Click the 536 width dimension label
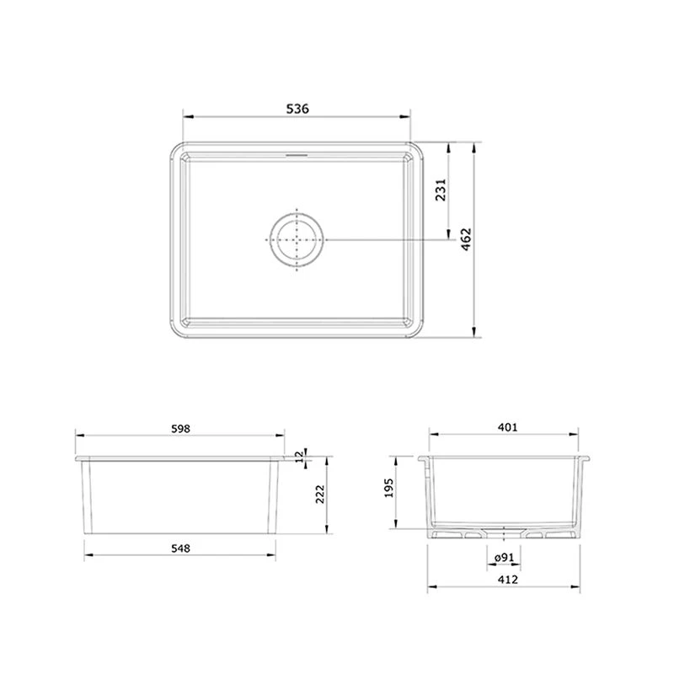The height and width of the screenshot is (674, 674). [x=297, y=109]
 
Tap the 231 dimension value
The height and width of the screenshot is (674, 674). [x=441, y=190]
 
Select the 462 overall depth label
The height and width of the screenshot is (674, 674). [x=466, y=239]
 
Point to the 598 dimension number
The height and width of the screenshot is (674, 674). [x=180, y=429]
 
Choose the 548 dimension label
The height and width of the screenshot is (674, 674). [x=180, y=548]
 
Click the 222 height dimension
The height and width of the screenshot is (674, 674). [x=320, y=494]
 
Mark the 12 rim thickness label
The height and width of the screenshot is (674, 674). [x=299, y=457]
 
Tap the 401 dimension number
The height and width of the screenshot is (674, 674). [x=508, y=427]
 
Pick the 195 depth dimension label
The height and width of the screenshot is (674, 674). [x=388, y=488]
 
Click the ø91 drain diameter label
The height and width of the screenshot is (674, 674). [x=504, y=558]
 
